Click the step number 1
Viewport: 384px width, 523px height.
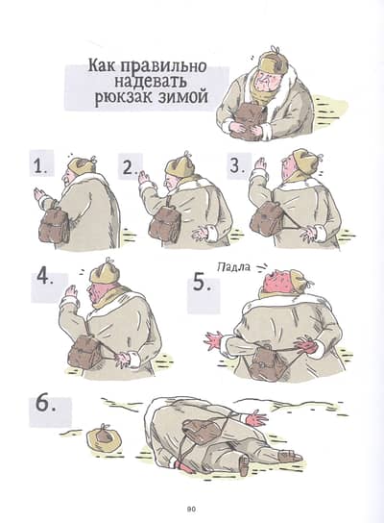point(40,165)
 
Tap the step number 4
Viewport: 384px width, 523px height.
point(45,277)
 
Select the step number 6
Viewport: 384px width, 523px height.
point(45,405)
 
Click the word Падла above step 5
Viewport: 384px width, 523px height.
point(233,267)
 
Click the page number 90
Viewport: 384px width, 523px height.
point(191,509)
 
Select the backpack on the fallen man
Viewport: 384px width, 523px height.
point(200,431)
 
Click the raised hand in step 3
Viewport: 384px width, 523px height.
point(258,167)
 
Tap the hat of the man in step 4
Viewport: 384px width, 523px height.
point(104,271)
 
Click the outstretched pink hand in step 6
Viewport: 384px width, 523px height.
point(256,418)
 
